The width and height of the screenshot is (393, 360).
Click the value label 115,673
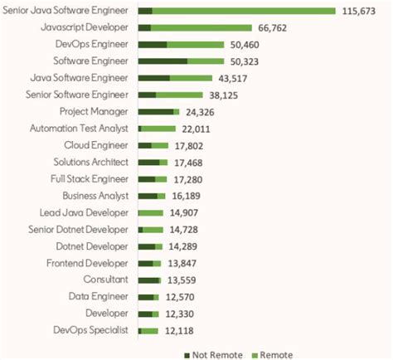365,11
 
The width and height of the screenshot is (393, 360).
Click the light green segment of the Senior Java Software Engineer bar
244,11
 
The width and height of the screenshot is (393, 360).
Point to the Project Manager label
94,111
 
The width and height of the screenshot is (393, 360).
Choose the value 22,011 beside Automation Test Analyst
197,129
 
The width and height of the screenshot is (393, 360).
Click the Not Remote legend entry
213,355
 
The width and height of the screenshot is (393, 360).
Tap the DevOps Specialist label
90,331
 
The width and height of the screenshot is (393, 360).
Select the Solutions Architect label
90,162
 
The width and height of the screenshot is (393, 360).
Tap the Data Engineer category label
99,297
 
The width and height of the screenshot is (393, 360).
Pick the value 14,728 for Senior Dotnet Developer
185,230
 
